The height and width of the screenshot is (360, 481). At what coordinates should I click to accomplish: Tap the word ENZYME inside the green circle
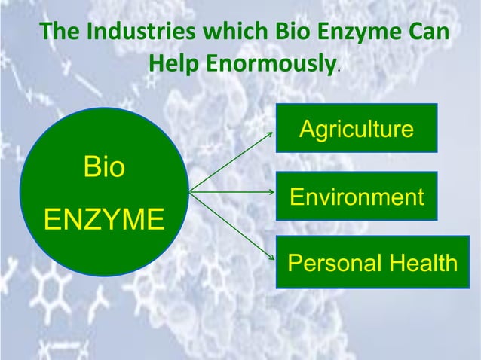[103, 221]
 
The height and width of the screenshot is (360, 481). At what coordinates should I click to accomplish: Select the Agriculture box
[357, 128]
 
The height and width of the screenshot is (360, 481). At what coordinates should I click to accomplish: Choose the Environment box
[357, 197]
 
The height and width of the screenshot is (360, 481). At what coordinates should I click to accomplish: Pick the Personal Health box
[372, 262]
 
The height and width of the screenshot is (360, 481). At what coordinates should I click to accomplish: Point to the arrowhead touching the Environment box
[274, 193]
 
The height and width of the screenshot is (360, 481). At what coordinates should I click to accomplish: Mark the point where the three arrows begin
[189, 193]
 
